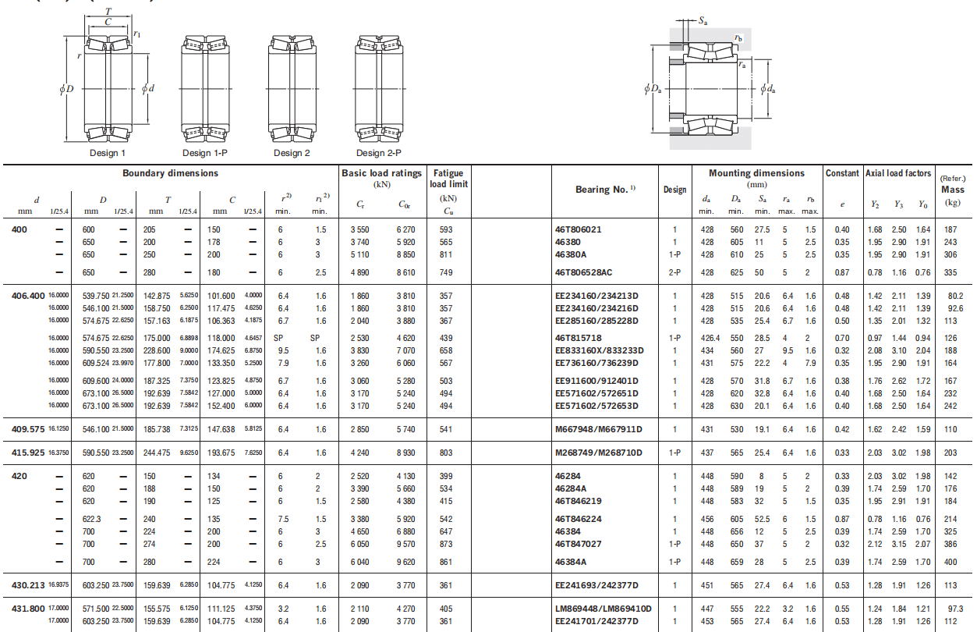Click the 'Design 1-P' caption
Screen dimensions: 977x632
coord(204,153)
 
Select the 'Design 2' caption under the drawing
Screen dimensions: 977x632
coord(292,153)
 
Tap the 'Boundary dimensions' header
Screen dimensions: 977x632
coord(170,173)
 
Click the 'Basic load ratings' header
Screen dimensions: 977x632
coord(381,173)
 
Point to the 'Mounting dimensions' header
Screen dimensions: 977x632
coord(756,173)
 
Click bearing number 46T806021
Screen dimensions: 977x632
coord(578,229)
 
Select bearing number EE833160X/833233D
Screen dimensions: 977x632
coord(600,350)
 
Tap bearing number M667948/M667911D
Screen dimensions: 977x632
coord(598,429)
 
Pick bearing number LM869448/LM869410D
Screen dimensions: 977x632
coord(604,609)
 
